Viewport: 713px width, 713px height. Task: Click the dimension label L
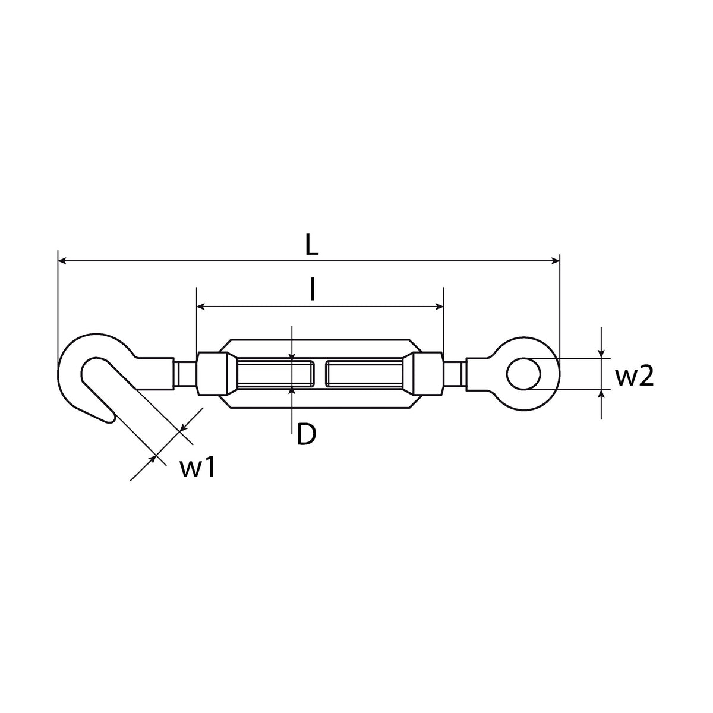click(x=312, y=244)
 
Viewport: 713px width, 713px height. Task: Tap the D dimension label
click(x=306, y=434)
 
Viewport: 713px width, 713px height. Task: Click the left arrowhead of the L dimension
click(x=62, y=261)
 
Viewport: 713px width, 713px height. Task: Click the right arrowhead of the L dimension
click(x=555, y=261)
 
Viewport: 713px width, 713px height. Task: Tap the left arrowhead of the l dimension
click(x=201, y=307)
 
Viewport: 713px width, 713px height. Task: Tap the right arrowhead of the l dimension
click(x=439, y=307)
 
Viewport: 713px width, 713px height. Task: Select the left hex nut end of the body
click(x=212, y=374)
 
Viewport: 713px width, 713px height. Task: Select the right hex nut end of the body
click(x=428, y=374)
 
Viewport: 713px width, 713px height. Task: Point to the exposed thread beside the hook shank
click(x=185, y=374)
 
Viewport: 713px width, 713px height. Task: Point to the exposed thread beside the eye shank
click(x=455, y=374)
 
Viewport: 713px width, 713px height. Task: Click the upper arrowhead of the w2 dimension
click(x=601, y=354)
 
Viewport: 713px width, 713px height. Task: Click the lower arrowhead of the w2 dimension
click(x=601, y=395)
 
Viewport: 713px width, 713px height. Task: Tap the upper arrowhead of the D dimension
click(x=292, y=356)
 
